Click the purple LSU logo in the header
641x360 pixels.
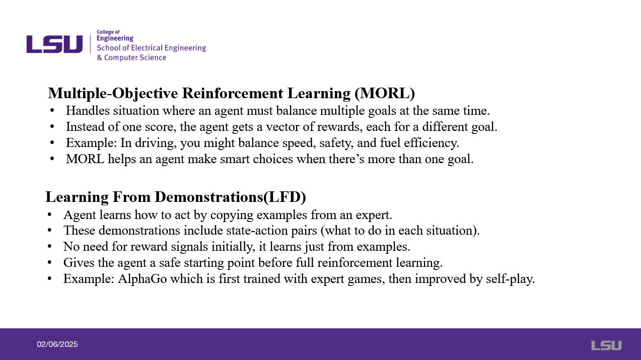[x=54, y=44]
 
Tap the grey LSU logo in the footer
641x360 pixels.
[x=606, y=345]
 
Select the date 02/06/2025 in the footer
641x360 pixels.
[x=57, y=344]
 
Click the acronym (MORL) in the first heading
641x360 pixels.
[x=385, y=93]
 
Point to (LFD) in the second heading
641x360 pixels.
[x=284, y=197]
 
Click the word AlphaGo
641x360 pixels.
[x=142, y=278]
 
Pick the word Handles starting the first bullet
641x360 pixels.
[x=88, y=111]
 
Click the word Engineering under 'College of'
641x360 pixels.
[x=115, y=38]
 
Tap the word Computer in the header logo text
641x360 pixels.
[x=121, y=57]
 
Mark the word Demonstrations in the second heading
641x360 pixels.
[x=209, y=197]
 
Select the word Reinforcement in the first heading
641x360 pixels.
[x=233, y=93]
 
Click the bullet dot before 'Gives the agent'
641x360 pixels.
[x=49, y=262]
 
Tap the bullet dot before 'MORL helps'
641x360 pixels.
[x=52, y=159]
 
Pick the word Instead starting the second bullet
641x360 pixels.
[x=85, y=127]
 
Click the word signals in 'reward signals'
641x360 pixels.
[x=189, y=247]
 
